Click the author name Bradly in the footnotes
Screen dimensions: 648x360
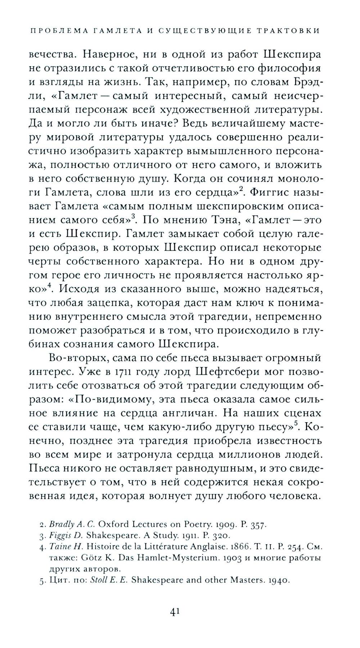(60, 524)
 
